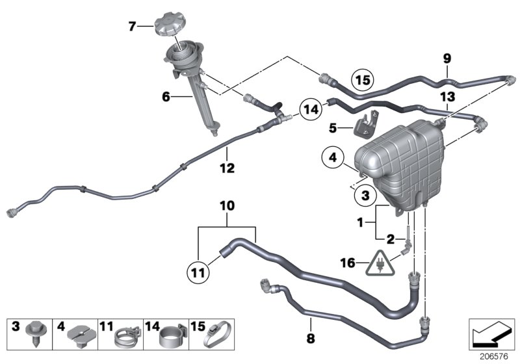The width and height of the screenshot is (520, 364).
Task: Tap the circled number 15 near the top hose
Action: [x=361, y=81]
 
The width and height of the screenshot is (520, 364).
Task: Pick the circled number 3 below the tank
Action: [x=365, y=194]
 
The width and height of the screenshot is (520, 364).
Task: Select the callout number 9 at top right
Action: [x=447, y=58]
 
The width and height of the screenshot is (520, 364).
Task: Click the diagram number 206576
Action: [x=491, y=356]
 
